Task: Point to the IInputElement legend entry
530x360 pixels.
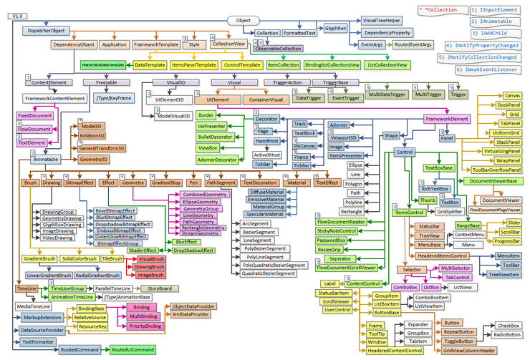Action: pyautogui.click(x=495, y=11)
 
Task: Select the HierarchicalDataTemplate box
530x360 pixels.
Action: pyautogui.click(x=103, y=65)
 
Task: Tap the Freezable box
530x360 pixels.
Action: pyautogui.click(x=105, y=83)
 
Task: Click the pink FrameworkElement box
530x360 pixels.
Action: pyautogui.click(x=446, y=119)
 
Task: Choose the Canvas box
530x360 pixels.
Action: pyautogui.click(x=511, y=95)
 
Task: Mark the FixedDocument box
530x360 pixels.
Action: pyautogui.click(x=34, y=115)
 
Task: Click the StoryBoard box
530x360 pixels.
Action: pyautogui.click(x=159, y=288)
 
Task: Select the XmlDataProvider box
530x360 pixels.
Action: pyautogui.click(x=190, y=314)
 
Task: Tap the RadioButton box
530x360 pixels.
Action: pyautogui.click(x=506, y=334)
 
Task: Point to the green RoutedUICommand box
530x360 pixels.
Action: pyautogui.click(x=132, y=349)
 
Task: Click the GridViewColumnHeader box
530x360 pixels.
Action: pyautogui.click(x=468, y=350)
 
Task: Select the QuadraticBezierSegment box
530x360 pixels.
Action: pyautogui.click(x=269, y=273)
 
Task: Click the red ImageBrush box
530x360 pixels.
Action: pyautogui.click(x=150, y=275)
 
